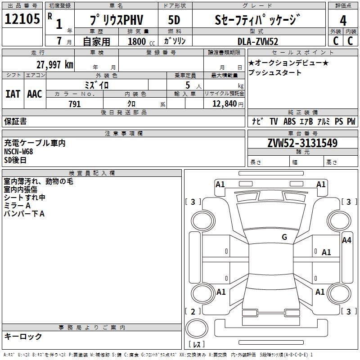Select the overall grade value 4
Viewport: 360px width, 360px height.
[343, 20]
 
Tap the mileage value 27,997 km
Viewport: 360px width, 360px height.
[54, 64]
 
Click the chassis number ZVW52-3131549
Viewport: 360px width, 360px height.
[302, 143]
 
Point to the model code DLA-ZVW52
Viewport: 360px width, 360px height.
[258, 41]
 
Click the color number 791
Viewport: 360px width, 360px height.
[74, 104]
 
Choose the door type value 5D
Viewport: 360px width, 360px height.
[174, 20]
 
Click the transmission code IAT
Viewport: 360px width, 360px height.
[13, 94]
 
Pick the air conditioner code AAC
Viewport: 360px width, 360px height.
[34, 94]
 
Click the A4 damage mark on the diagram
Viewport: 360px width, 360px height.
[346, 240]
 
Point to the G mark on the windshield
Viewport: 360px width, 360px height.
[284, 237]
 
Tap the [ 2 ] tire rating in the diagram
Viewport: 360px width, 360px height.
[193, 311]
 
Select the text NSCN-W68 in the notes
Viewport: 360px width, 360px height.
[18, 151]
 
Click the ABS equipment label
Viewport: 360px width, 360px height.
[289, 121]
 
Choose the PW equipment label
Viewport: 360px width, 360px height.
[351, 121]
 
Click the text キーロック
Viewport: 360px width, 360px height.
[23, 336]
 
